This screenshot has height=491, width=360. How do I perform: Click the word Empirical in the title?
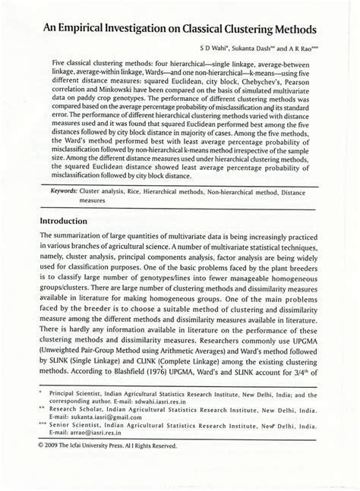(x=84, y=27)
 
